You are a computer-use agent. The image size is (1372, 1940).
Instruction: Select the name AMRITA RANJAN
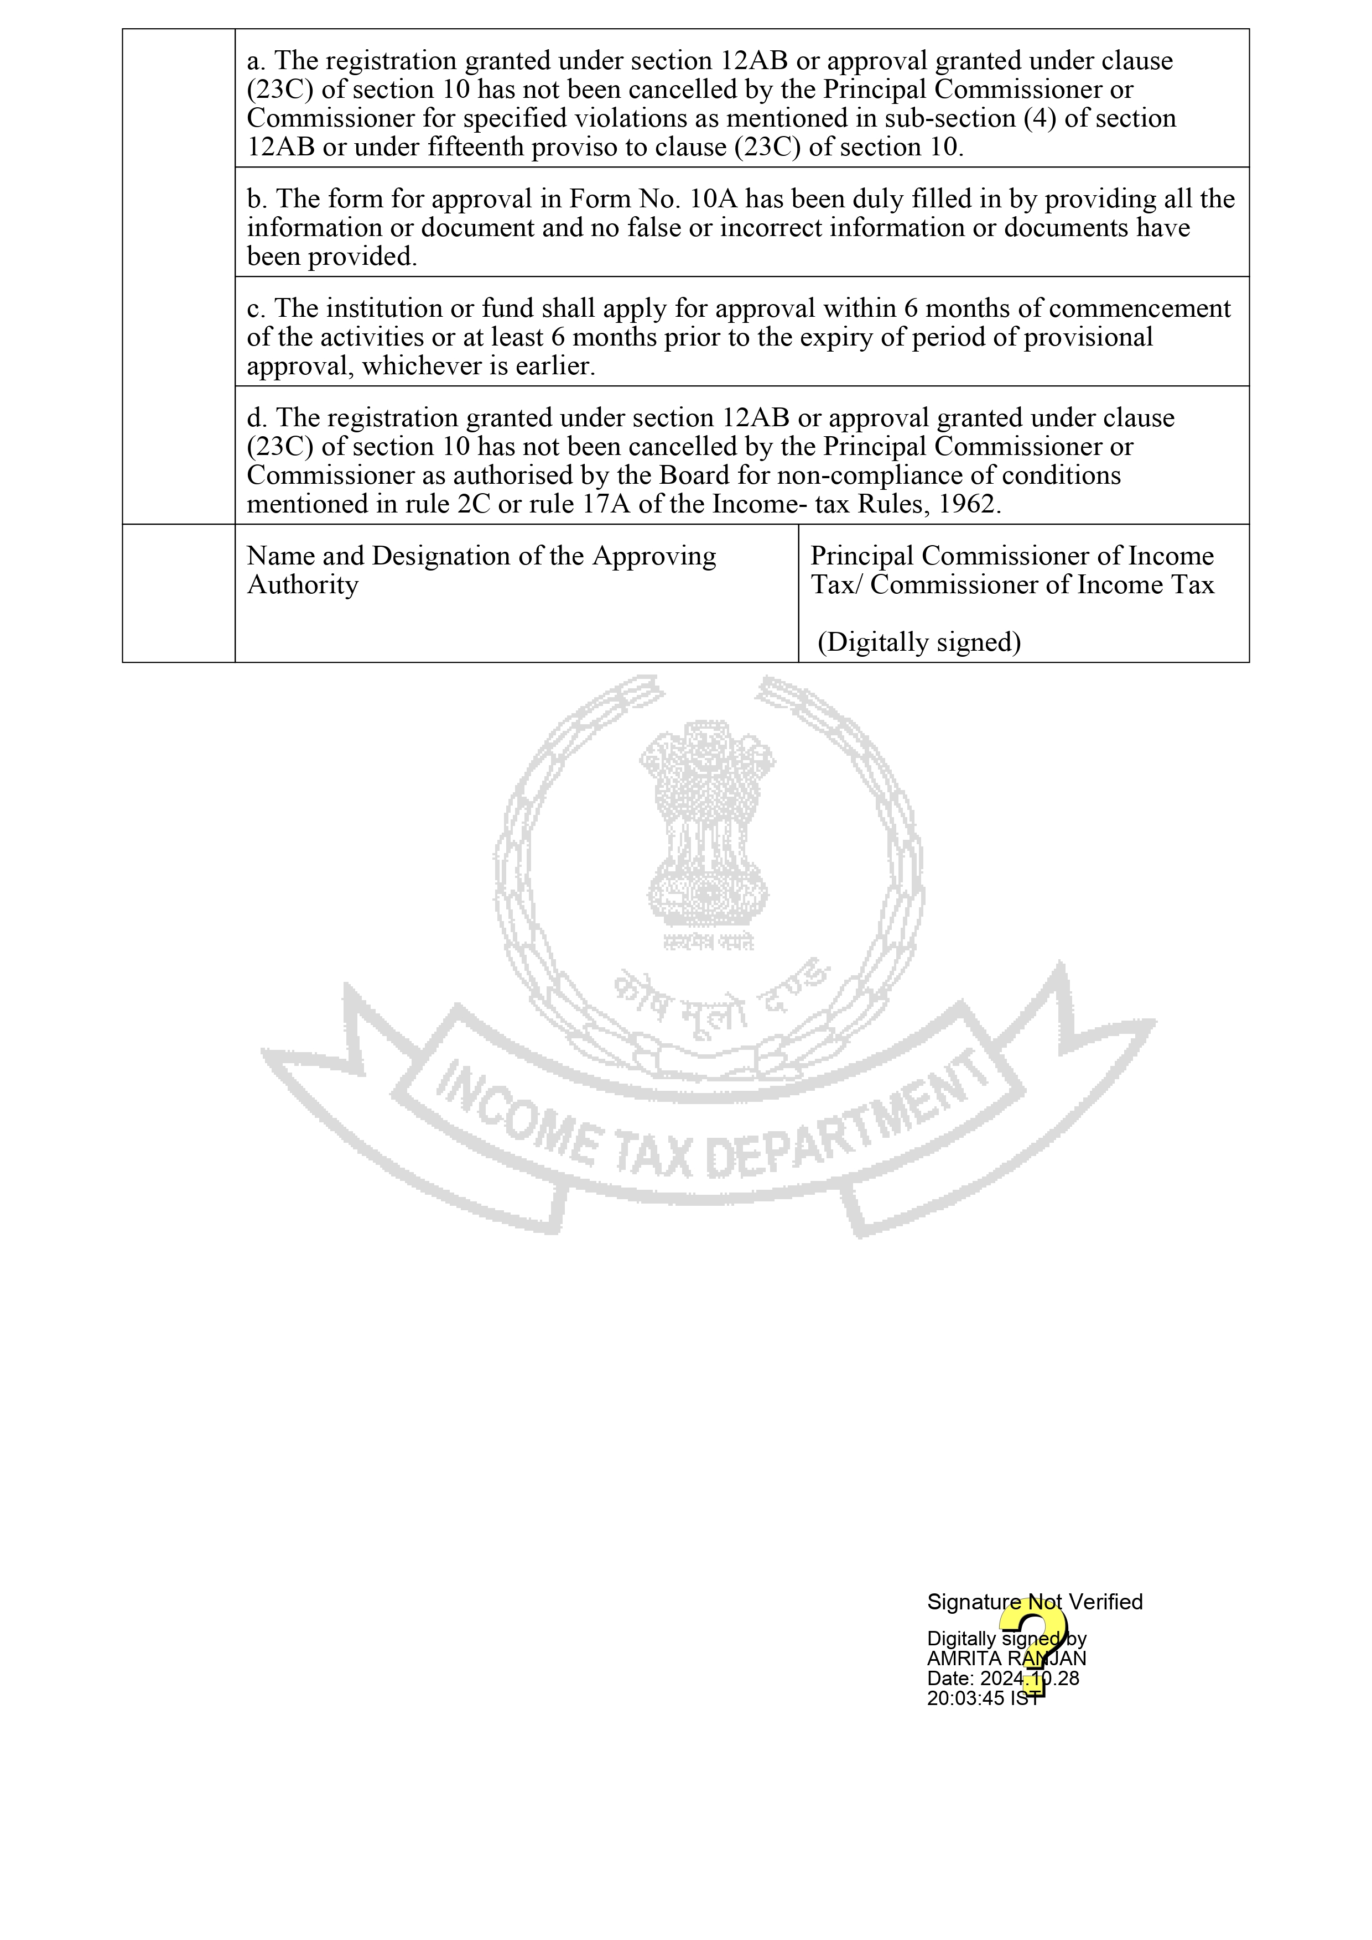click(1006, 1659)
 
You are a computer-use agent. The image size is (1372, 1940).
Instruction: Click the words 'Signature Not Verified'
click(1034, 1602)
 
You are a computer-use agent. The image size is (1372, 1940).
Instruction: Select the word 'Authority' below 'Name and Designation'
click(303, 585)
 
